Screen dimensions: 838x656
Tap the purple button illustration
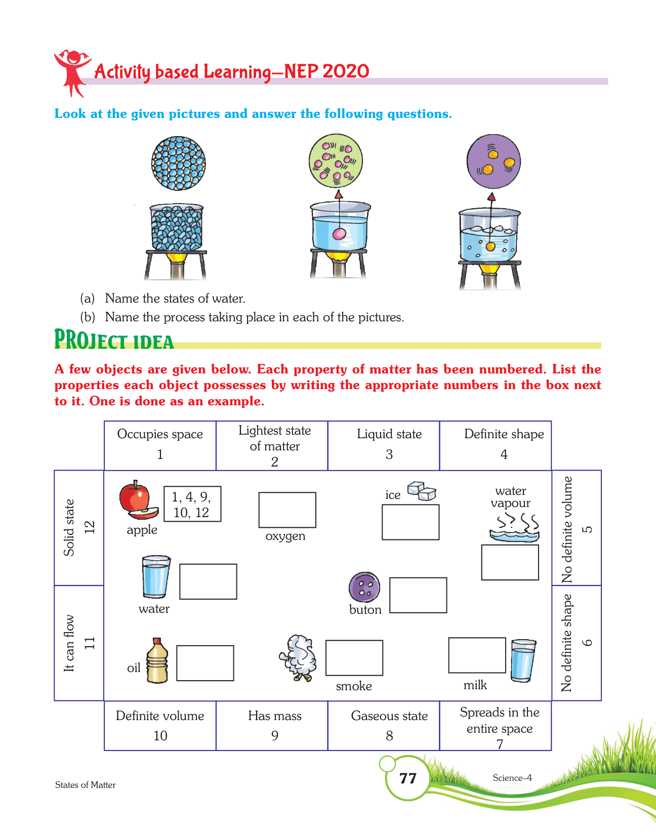pyautogui.click(x=364, y=588)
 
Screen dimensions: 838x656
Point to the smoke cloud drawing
pyautogui.click(x=299, y=658)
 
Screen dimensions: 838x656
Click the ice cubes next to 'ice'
pyautogui.click(x=422, y=491)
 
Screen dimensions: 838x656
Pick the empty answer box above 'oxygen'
pyautogui.click(x=287, y=510)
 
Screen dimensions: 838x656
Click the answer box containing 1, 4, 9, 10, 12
pyautogui.click(x=192, y=504)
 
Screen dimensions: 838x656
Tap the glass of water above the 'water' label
pyautogui.click(x=156, y=577)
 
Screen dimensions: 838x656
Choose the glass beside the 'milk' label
pyautogui.click(x=523, y=660)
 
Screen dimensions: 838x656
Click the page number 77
pyautogui.click(x=407, y=778)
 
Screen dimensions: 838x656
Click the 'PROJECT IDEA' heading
pyautogui.click(x=114, y=340)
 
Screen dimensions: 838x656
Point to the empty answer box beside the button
pyautogui.click(x=418, y=595)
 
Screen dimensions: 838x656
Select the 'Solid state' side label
pyautogui.click(x=79, y=528)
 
